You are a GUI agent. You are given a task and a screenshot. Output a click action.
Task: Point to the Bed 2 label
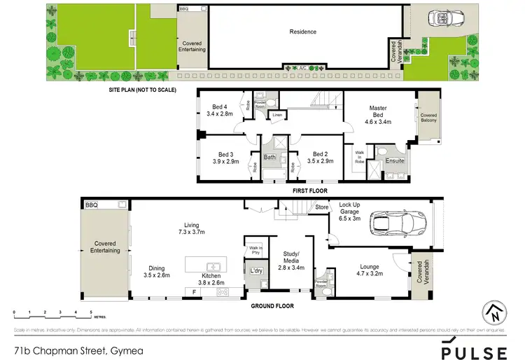tap(321, 154)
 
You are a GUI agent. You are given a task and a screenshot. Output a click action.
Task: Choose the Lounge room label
tap(369, 266)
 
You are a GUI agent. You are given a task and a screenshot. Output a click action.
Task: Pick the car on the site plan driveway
tap(442, 19)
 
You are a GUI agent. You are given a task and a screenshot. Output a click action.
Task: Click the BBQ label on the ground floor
tap(90, 205)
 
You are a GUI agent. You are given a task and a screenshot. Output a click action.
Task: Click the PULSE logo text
tap(474, 352)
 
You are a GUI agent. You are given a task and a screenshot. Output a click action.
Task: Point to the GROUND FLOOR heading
tap(273, 306)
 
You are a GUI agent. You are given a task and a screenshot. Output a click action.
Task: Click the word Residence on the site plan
tap(303, 32)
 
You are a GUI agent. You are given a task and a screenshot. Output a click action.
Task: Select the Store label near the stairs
tap(321, 207)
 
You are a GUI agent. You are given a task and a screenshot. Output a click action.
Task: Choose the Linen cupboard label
tap(277, 114)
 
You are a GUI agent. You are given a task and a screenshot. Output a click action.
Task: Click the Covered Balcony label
tap(428, 118)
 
